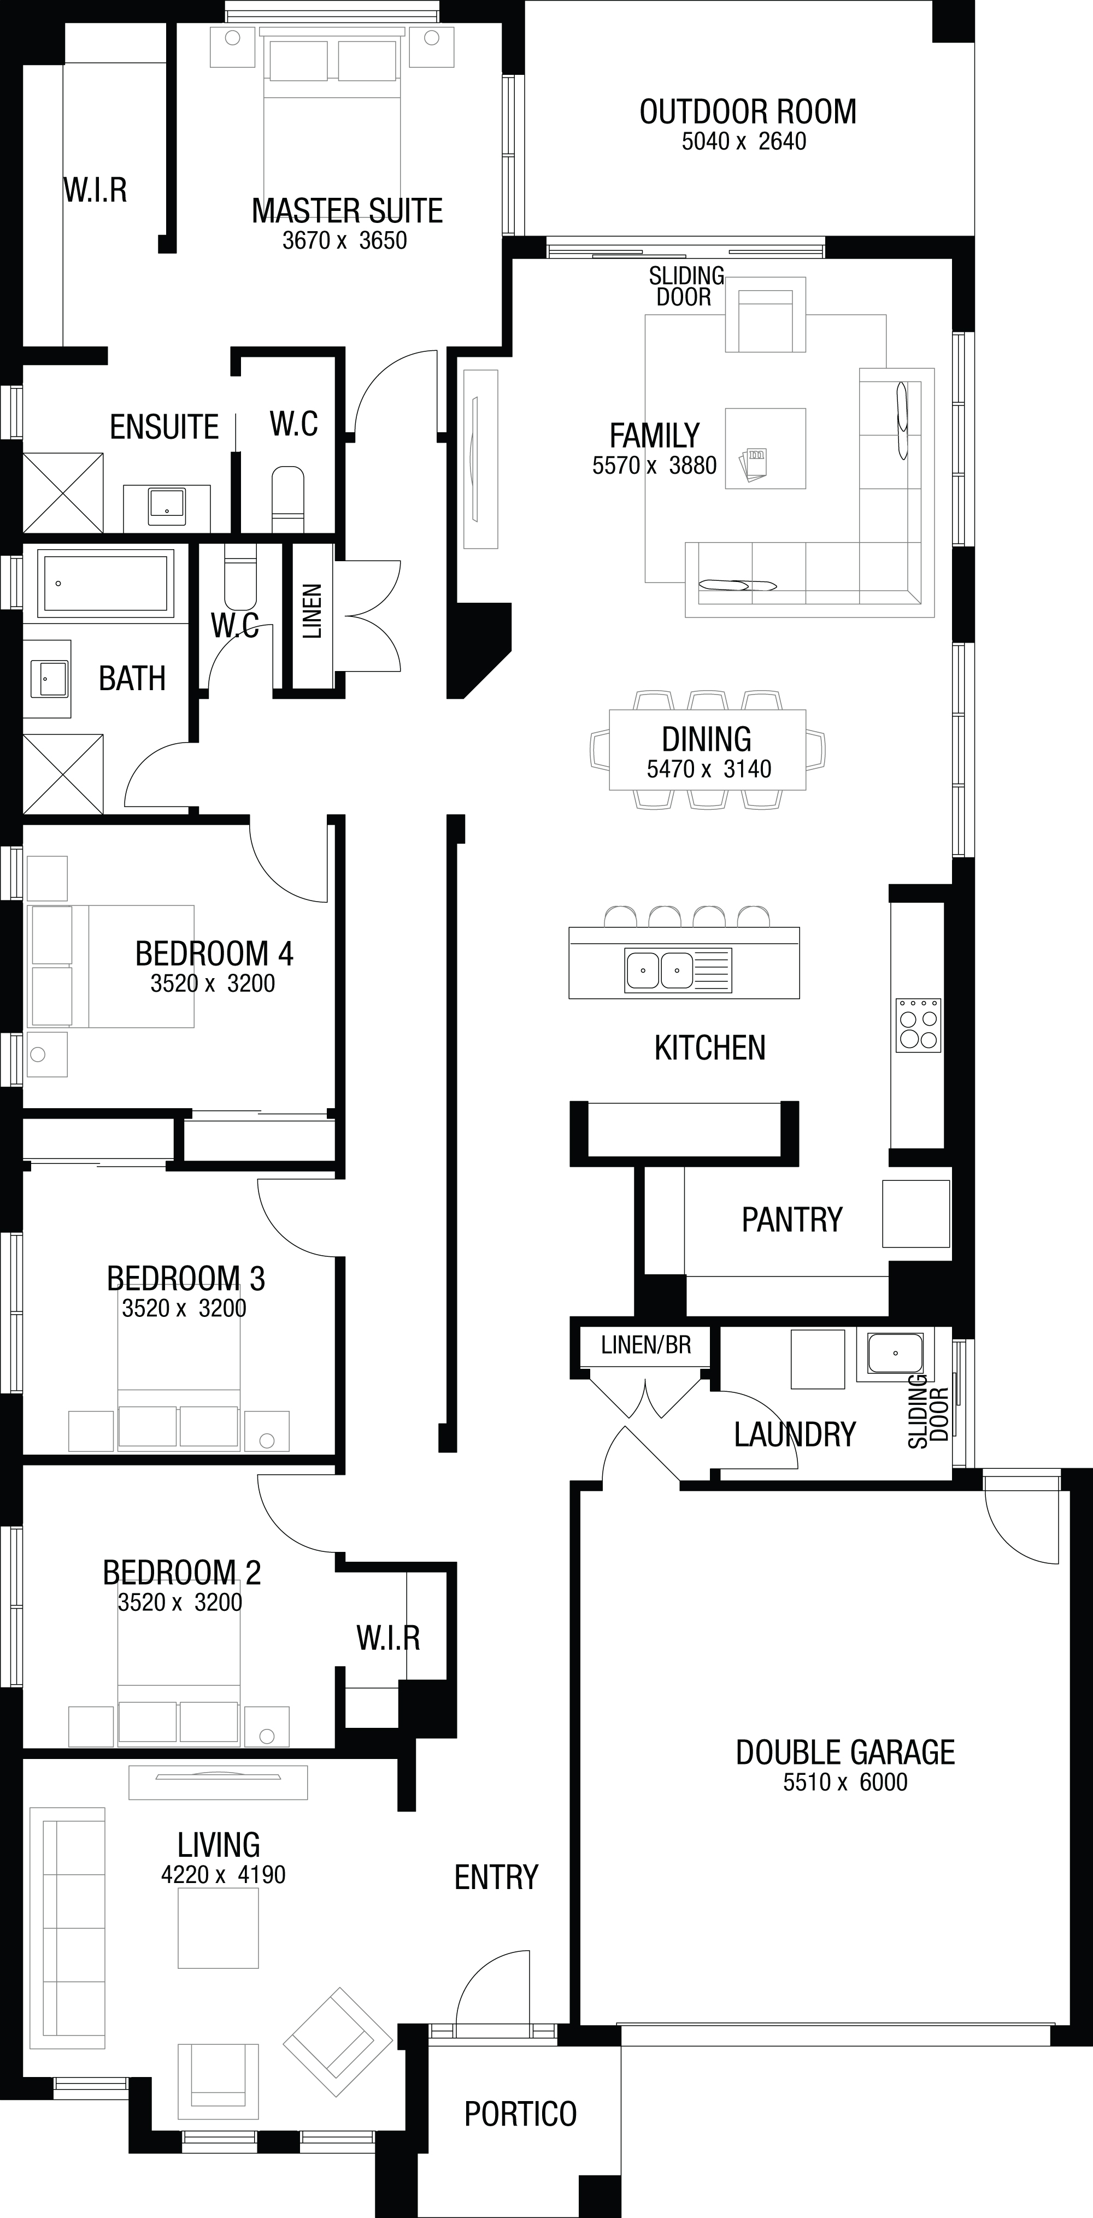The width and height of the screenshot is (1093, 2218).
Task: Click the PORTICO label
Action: click(x=520, y=2113)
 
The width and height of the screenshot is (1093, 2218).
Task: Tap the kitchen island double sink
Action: click(x=660, y=970)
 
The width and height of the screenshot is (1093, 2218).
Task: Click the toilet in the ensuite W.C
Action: click(x=287, y=499)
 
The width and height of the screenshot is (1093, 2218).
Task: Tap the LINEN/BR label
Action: click(x=646, y=1344)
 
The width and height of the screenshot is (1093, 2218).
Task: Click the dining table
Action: click(x=707, y=749)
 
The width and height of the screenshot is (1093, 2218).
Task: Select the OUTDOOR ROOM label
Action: click(x=748, y=112)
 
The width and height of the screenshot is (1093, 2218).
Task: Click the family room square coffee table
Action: click(x=765, y=449)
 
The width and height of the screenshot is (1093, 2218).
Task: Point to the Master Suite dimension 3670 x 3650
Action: click(x=344, y=240)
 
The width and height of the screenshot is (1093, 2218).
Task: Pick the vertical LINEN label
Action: click(x=312, y=611)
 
